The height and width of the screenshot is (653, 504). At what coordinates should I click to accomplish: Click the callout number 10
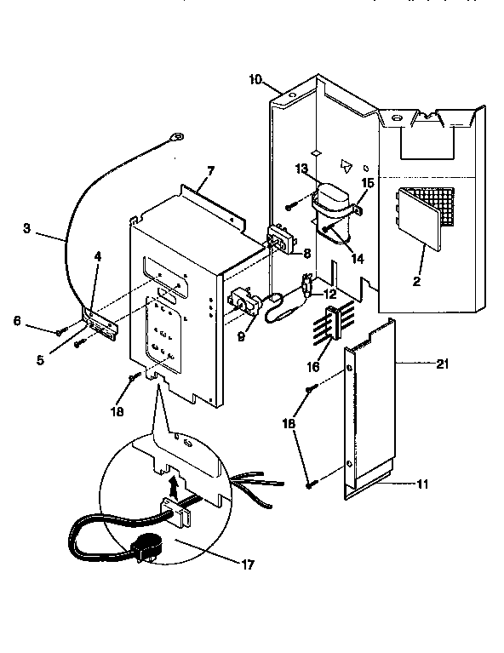click(255, 80)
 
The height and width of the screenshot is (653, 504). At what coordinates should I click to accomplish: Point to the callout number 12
click(329, 294)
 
